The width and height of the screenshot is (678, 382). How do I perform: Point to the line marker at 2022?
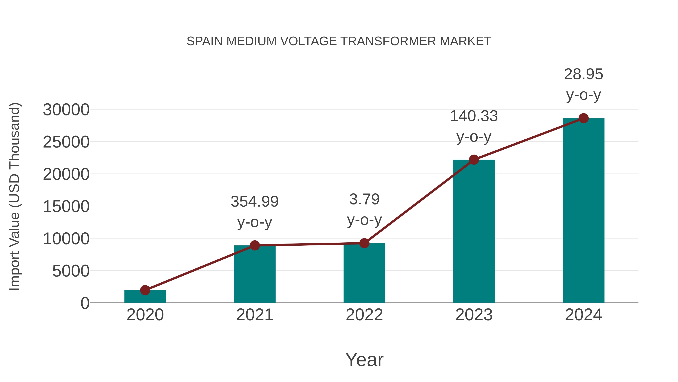coord(364,243)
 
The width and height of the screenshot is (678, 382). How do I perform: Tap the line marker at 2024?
coord(583,118)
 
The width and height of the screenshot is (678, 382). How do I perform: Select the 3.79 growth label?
coord(364,200)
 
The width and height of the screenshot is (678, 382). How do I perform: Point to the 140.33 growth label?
coord(474,116)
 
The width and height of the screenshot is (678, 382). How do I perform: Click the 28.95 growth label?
coord(583,74)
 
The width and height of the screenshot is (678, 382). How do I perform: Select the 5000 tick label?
coord(71,271)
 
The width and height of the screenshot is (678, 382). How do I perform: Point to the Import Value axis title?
coord(15,196)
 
